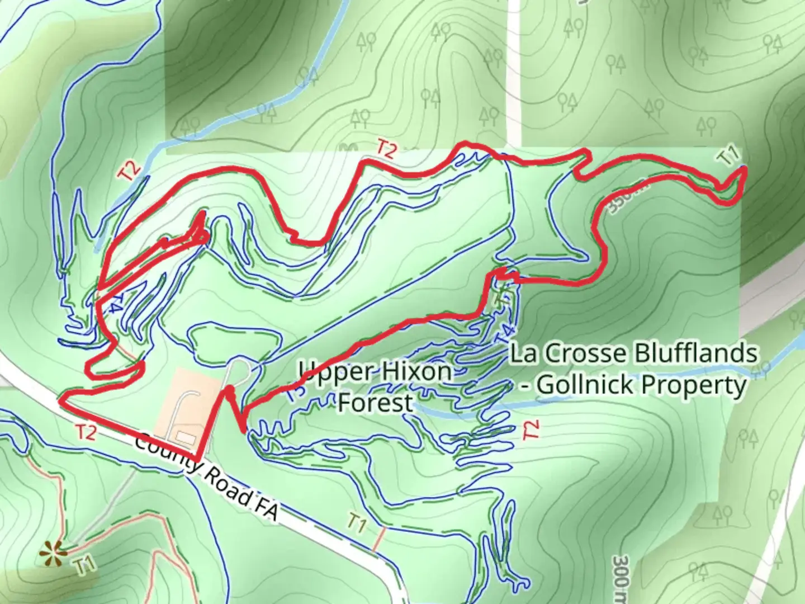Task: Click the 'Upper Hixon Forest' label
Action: (x=375, y=386)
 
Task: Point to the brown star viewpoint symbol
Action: (x=53, y=554)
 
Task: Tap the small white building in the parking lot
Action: (x=183, y=436)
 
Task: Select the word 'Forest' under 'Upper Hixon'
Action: (x=375, y=402)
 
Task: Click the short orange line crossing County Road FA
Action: (x=379, y=539)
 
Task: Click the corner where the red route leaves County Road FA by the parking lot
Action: (x=198, y=459)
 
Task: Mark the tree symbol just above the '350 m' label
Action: (x=654, y=106)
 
